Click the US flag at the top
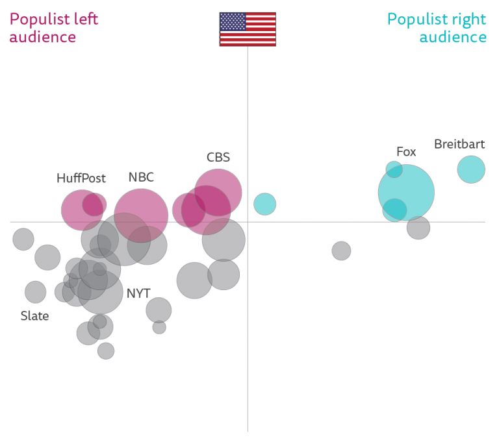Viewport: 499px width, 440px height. tap(248, 29)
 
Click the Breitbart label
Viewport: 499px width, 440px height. tap(459, 144)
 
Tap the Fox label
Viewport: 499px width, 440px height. tap(406, 152)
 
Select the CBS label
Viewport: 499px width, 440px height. tap(218, 157)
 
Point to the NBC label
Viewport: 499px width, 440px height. tap(141, 177)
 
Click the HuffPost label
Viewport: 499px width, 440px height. tap(81, 178)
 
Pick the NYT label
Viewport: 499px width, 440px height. tap(138, 293)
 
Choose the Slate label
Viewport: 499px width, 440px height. tap(34, 316)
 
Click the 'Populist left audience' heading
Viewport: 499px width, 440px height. tap(54, 28)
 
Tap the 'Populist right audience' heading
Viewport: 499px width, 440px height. tap(437, 28)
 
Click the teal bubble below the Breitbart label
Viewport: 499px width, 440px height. tap(471, 169)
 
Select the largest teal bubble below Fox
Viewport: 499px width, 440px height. tap(407, 192)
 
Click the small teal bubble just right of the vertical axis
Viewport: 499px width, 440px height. tap(264, 204)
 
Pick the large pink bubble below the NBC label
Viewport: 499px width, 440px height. tap(141, 215)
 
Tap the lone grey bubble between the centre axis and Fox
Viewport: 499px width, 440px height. tap(341, 251)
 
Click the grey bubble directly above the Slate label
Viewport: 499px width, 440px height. tap(35, 292)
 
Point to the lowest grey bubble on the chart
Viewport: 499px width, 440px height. tap(106, 351)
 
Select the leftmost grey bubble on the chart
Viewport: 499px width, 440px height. tap(23, 239)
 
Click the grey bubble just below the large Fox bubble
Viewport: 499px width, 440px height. tap(418, 228)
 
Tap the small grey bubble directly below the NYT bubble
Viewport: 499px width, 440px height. tap(159, 327)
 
